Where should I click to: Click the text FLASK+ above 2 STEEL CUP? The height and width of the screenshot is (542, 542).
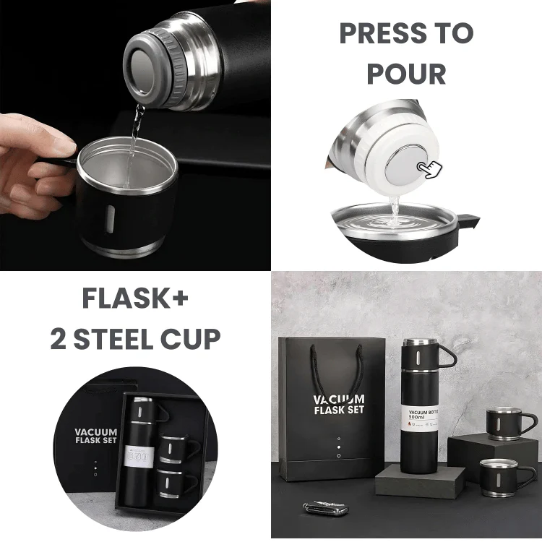coord(135,298)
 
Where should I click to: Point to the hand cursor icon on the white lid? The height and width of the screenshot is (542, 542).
coord(431,169)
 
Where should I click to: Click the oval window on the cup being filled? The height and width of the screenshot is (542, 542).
coord(108,218)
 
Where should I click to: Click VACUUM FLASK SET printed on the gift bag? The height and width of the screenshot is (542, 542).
coord(338,405)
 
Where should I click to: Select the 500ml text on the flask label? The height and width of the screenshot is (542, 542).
coord(418,417)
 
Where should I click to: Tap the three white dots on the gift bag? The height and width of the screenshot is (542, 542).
coord(337,447)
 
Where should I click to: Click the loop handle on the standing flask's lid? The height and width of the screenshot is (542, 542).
coord(447,356)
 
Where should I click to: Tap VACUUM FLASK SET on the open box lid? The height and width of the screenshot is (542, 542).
coord(95,436)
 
